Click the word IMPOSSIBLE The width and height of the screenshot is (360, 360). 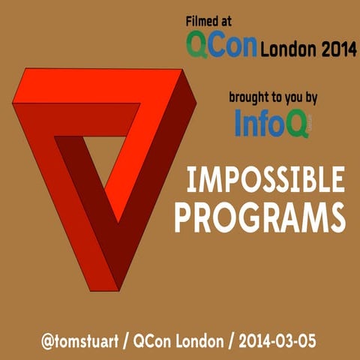265,181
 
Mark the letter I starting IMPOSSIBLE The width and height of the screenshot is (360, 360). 190,181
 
